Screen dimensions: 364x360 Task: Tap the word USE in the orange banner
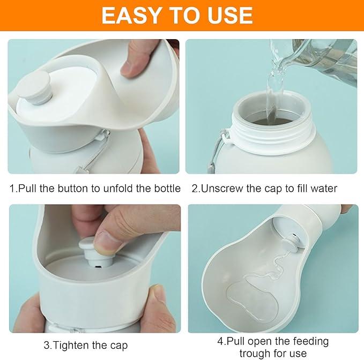pyautogui.click(x=229, y=16)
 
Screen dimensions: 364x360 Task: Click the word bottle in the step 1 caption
pyautogui.click(x=167, y=189)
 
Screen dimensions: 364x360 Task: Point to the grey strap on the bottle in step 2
pyautogui.click(x=218, y=151)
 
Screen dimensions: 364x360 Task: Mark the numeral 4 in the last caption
pyautogui.click(x=220, y=341)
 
